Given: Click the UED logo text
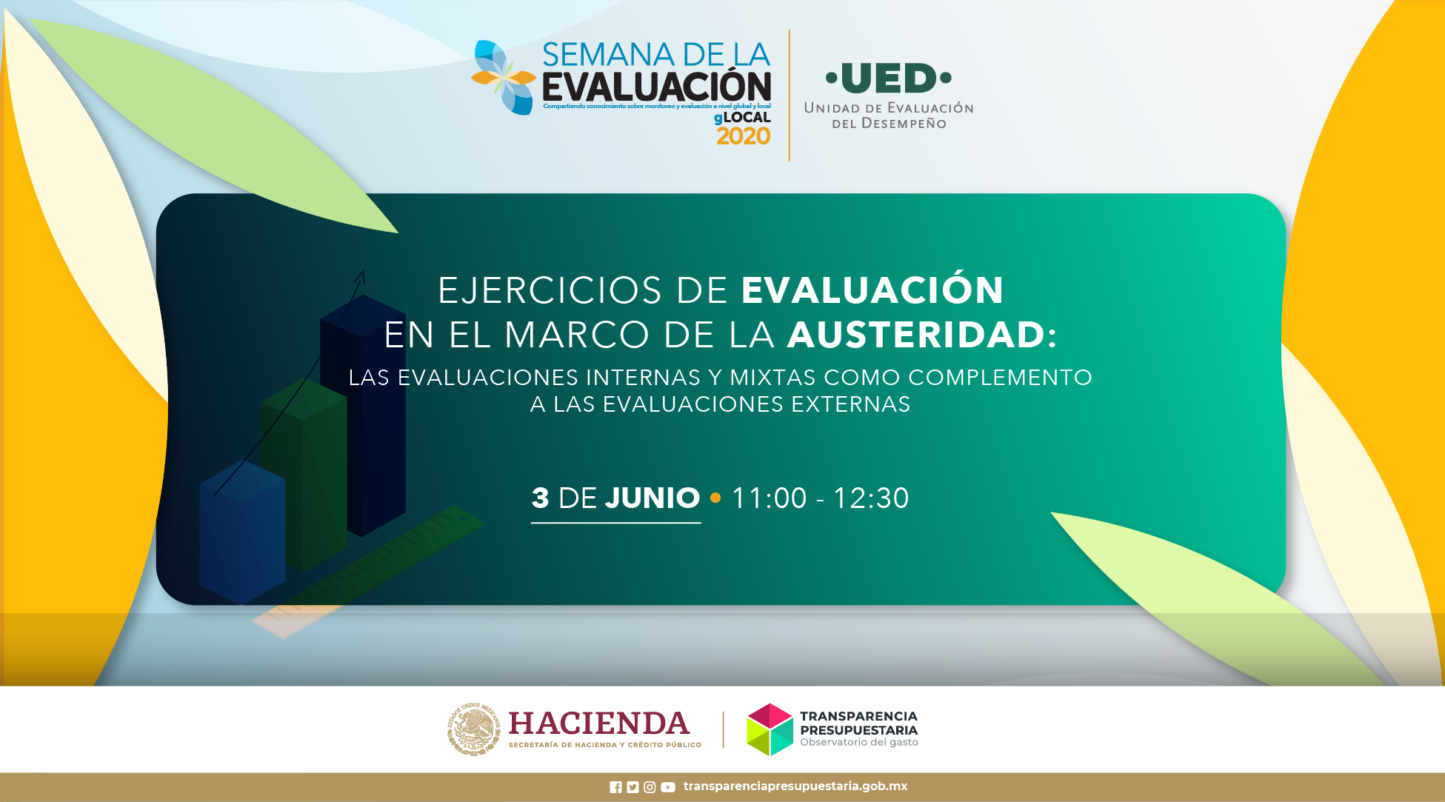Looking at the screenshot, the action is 889,78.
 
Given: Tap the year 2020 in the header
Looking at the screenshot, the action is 744,136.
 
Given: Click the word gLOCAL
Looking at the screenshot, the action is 742,117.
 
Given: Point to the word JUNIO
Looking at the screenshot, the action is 652,498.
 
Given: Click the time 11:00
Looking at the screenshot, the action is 769,498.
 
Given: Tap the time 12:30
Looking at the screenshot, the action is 871,498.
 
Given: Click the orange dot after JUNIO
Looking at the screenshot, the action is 715,498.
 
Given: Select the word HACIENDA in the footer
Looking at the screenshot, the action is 598,724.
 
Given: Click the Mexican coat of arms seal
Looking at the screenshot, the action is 474,729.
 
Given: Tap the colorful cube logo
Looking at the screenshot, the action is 770,729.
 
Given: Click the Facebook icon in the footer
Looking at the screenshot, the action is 615,787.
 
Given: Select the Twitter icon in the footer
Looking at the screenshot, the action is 633,787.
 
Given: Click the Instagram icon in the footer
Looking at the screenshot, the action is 650,787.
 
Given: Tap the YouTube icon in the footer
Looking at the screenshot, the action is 668,787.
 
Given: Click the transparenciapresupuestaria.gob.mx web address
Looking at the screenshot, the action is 795,786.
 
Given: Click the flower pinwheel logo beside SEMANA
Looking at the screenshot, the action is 504,78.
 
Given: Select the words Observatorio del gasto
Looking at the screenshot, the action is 859,742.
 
